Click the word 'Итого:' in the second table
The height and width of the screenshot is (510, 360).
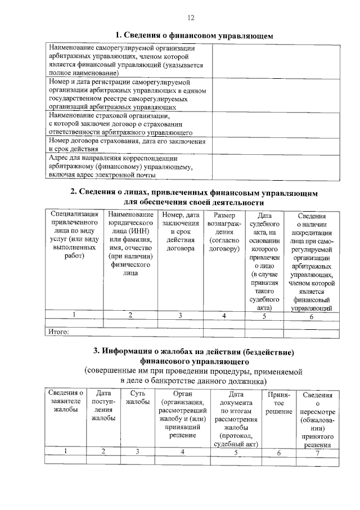[x=58, y=332]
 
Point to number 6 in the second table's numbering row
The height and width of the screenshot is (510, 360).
[x=310, y=316]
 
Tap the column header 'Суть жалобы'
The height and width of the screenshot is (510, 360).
[x=137, y=397]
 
